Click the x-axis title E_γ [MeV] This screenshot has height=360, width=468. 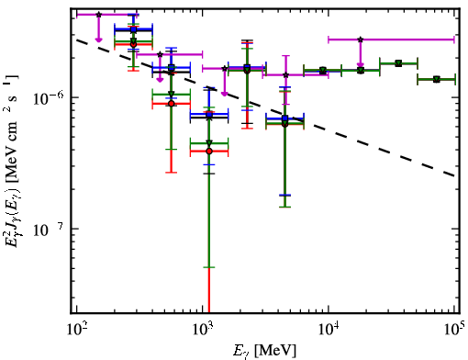[x=264, y=351]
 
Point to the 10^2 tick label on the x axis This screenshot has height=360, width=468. [x=76, y=330]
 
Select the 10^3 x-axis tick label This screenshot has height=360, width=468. [x=203, y=330]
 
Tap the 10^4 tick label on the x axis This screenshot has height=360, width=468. [x=329, y=330]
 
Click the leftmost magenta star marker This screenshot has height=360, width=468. [x=98, y=15]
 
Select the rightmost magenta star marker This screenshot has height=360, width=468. [x=361, y=39]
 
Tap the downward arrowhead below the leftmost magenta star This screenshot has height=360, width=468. [x=98, y=39]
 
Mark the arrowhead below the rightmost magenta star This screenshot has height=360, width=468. [x=361, y=64]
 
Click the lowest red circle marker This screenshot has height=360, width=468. [x=209, y=152]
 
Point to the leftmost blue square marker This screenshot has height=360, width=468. [x=133, y=29]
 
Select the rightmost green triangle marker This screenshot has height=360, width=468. [x=437, y=80]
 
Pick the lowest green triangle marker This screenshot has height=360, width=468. [x=209, y=143]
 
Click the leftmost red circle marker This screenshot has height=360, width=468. [x=133, y=44]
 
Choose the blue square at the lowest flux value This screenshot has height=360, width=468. [x=284, y=118]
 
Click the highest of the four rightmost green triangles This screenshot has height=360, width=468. [x=398, y=63]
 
